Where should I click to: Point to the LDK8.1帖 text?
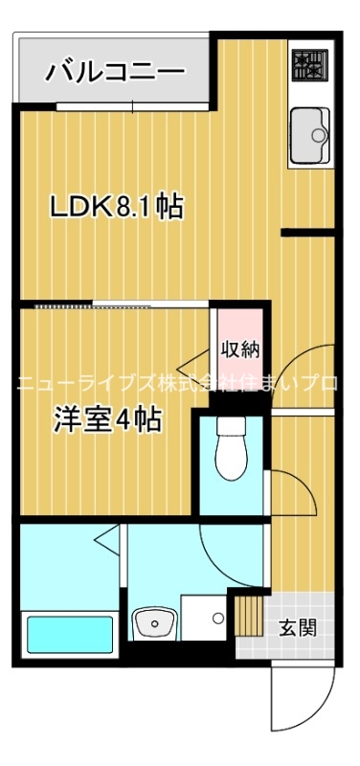[116, 207]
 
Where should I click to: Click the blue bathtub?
[70, 634]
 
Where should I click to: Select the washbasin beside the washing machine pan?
[152, 625]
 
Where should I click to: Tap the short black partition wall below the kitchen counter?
[307, 232]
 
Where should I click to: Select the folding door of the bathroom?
[108, 546]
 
